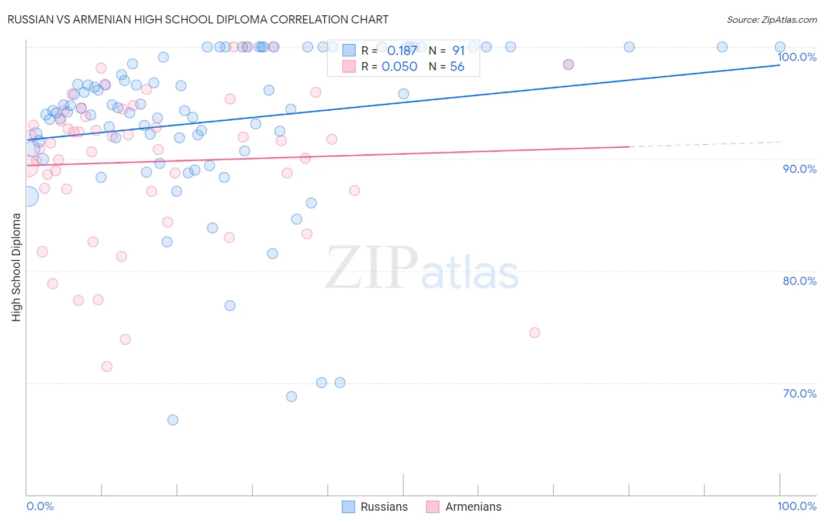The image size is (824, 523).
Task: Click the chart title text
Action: tap(198, 19)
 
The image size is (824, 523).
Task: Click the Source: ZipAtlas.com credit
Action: tap(771, 20)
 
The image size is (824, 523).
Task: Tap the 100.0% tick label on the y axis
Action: tap(796, 57)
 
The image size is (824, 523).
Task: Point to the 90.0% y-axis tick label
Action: tap(799, 169)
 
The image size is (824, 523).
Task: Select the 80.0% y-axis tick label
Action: tap(799, 281)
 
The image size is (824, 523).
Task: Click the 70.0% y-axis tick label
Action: tap(799, 393)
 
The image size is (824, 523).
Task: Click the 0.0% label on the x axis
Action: tap(40, 506)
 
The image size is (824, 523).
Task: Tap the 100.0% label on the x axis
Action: tap(796, 506)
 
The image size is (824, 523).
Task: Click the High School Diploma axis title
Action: tap(16, 267)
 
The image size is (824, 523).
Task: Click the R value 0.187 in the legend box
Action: tap(402, 51)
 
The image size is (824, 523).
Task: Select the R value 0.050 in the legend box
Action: tap(400, 67)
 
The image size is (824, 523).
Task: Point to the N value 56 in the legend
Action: tap(457, 67)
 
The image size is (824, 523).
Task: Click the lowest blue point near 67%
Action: tap(173, 420)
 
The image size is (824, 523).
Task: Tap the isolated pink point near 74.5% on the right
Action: tap(534, 332)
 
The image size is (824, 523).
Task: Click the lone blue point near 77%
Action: tap(230, 305)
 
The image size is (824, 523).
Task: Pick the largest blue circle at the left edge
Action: tap(28, 196)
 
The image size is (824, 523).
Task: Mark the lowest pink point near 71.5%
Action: tap(107, 366)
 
